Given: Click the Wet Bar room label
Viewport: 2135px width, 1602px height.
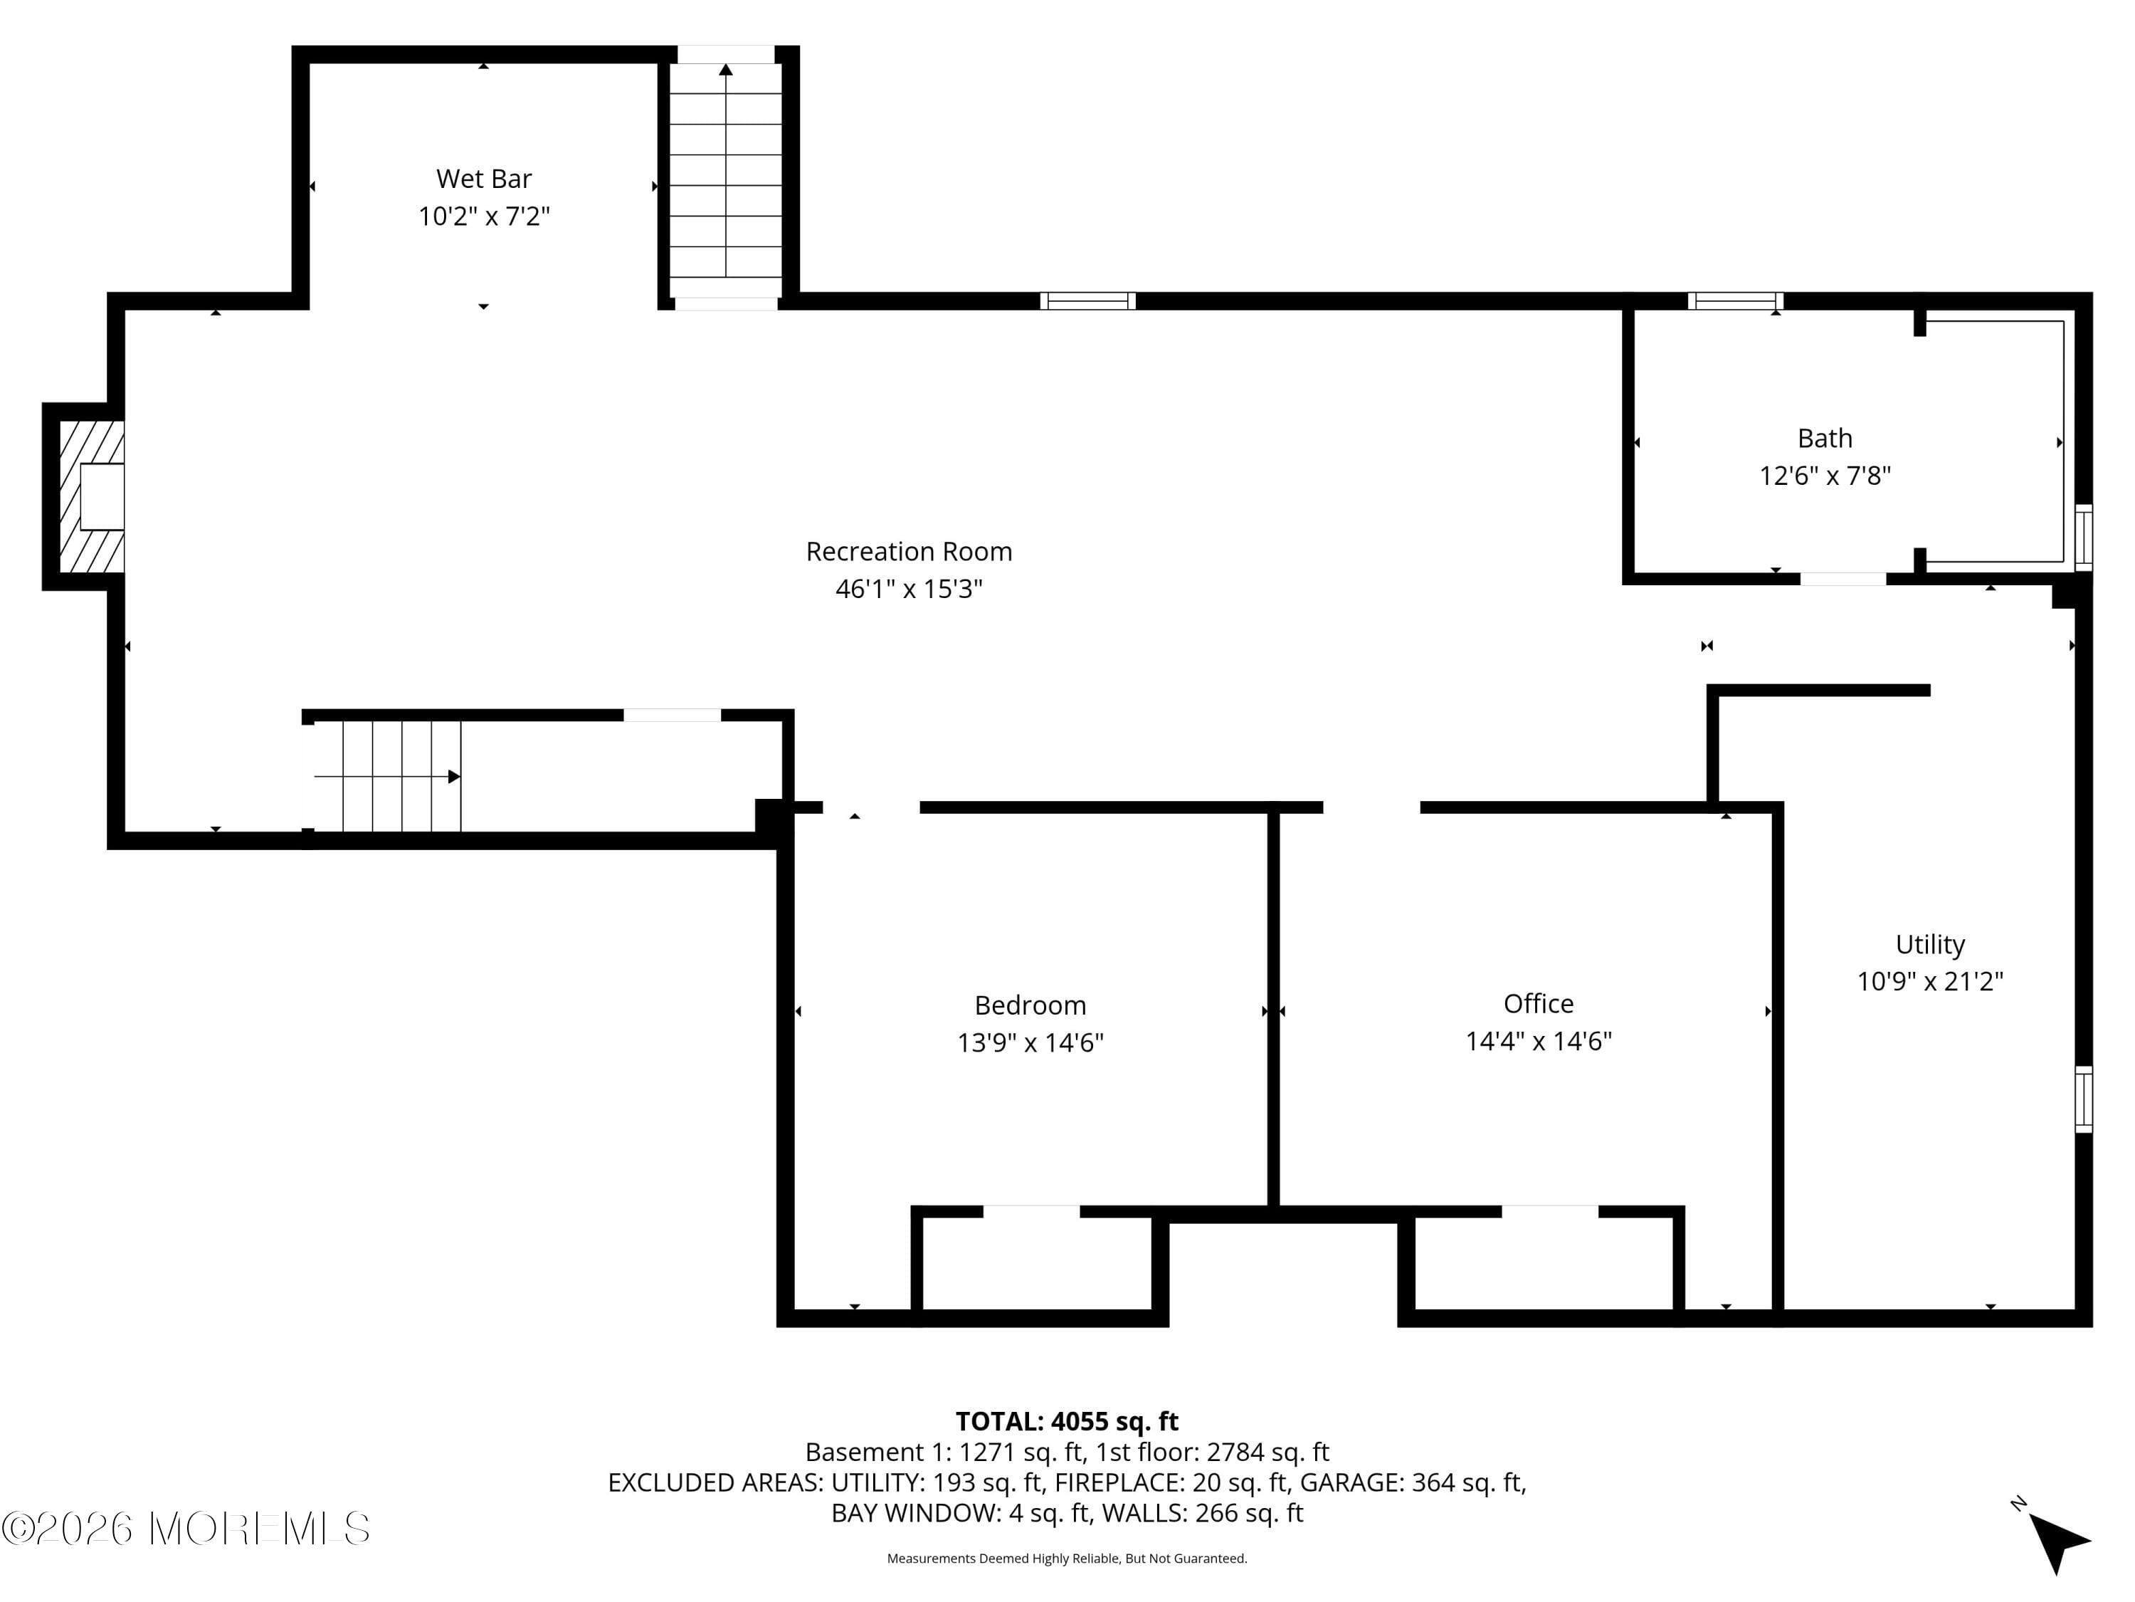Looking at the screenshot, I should (483, 179).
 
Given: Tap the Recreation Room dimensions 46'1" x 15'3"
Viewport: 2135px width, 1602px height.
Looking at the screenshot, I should (908, 588).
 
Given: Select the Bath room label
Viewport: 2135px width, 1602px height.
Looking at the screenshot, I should (1824, 439).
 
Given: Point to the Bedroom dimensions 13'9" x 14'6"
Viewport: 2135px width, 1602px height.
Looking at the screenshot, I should (1030, 1043).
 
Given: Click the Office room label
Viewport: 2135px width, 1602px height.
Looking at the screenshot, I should (1537, 1003).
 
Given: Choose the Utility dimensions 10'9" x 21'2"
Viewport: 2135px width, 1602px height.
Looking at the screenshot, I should (1929, 981).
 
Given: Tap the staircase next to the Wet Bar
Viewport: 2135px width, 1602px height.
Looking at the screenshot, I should (726, 179).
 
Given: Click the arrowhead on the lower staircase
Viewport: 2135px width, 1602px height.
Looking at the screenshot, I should (453, 776).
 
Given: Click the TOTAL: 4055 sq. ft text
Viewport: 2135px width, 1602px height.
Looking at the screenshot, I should (1067, 1421).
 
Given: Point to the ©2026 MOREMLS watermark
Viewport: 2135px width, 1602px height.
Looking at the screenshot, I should (186, 1529).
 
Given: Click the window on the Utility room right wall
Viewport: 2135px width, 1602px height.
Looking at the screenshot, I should (2083, 1099).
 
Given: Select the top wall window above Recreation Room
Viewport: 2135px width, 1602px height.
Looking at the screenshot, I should (1087, 300).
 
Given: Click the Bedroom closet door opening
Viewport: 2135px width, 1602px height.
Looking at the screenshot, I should (1030, 1212).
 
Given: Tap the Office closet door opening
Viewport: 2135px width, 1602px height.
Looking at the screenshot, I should (1549, 1212).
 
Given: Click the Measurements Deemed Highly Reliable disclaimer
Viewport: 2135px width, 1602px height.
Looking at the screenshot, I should (1067, 1559).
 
